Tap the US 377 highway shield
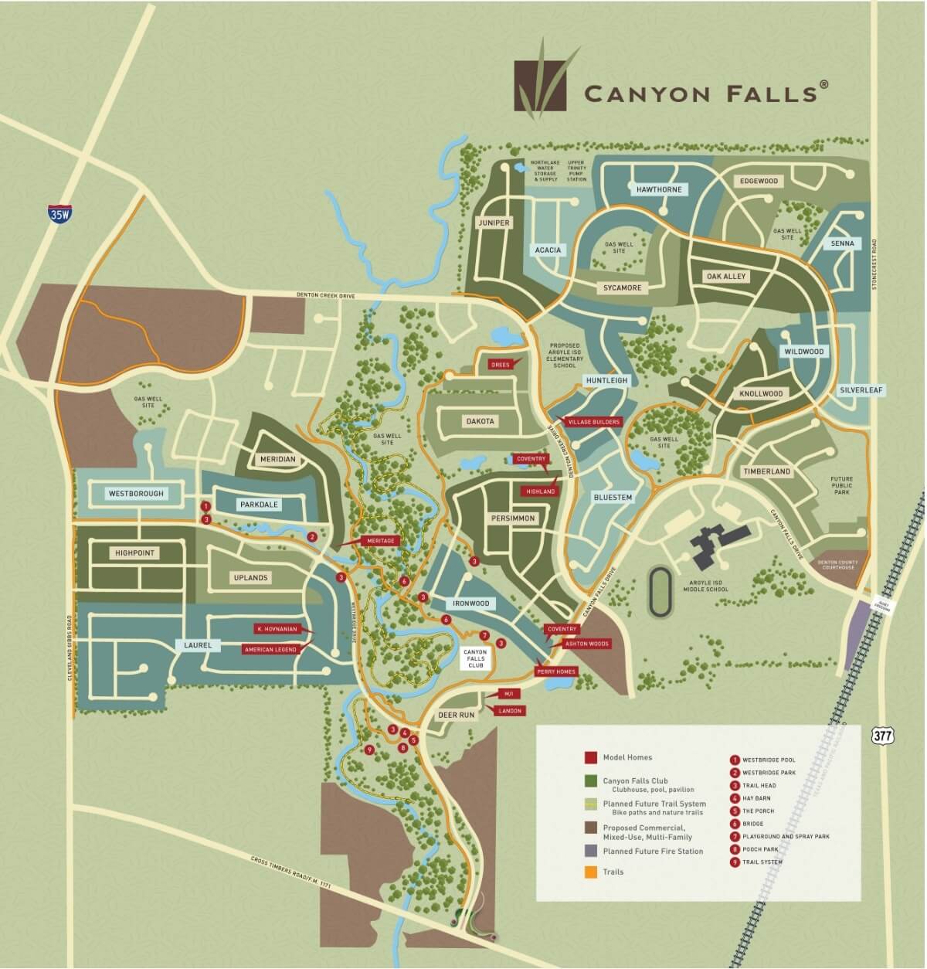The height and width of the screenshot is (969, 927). point(882,735)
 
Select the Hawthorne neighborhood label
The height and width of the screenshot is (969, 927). point(658,189)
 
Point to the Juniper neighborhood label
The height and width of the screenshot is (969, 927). point(494,223)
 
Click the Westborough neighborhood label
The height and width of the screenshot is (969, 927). point(137,493)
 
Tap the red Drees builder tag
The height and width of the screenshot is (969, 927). point(501,364)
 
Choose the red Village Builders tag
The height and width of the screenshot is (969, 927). point(595,423)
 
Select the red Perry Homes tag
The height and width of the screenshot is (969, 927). point(556,671)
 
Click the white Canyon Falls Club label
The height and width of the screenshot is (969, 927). point(474,658)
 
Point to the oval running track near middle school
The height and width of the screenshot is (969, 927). point(659,592)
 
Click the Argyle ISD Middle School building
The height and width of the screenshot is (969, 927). point(714,542)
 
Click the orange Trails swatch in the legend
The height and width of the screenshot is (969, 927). point(590,872)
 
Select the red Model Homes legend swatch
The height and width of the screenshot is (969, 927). point(590,758)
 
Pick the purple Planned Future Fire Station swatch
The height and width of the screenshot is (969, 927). point(590,852)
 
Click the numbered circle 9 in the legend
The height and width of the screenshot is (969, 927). point(735,862)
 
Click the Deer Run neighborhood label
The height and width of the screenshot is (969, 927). point(456,716)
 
